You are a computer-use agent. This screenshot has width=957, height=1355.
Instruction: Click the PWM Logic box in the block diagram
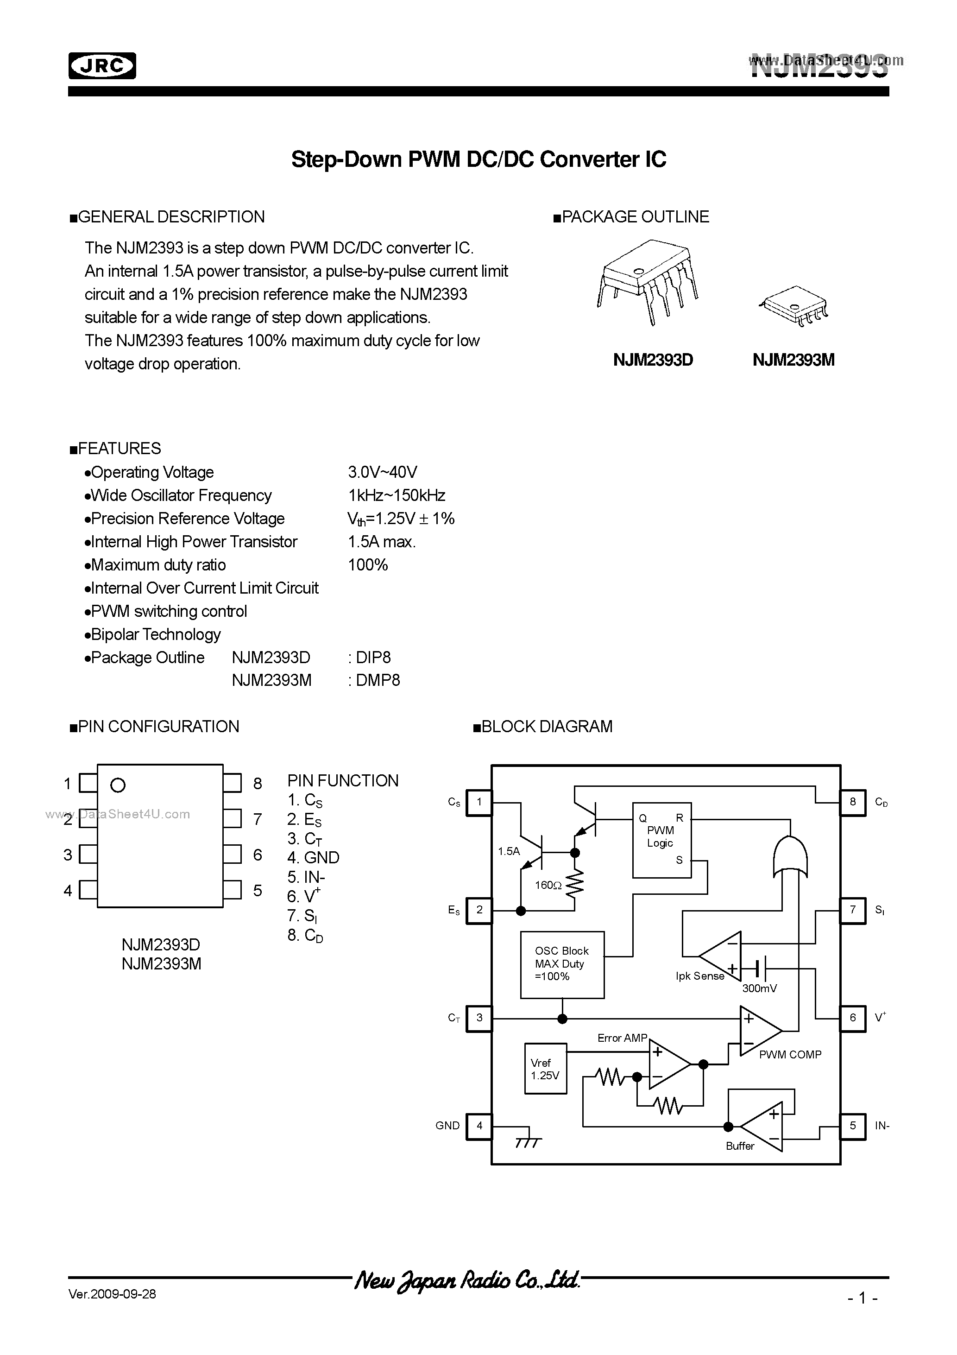click(661, 840)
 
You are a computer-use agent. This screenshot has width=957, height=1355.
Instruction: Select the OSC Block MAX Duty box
click(562, 964)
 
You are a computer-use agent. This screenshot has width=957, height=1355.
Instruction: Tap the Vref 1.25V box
click(545, 1069)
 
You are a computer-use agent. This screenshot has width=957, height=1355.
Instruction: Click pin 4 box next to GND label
click(479, 1126)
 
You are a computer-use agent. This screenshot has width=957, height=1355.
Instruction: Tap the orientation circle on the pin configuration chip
click(118, 785)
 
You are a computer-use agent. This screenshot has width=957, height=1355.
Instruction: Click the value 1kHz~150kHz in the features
click(397, 495)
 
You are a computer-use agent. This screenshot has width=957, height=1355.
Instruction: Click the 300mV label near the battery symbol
click(759, 988)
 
